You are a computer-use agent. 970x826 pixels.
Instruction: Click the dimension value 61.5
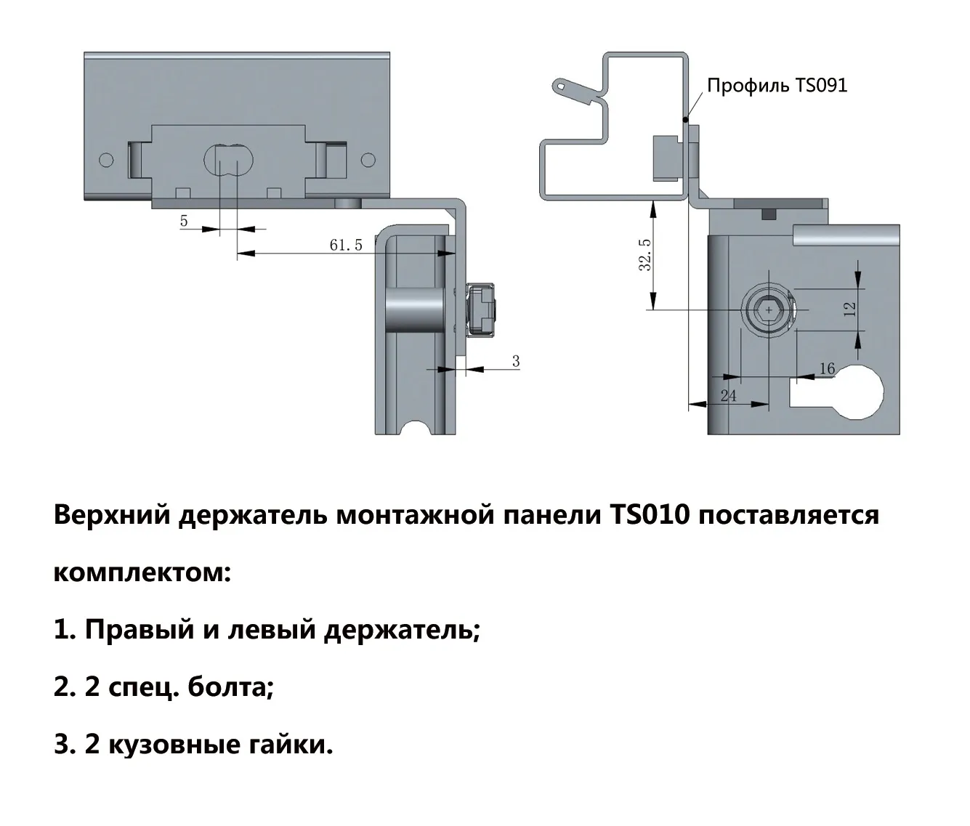[347, 245]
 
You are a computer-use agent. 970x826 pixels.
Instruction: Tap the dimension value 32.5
[645, 255]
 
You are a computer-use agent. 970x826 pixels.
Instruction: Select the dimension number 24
[728, 396]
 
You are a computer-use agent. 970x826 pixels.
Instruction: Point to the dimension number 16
[828, 368]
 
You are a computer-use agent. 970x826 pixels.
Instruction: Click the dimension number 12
[850, 309]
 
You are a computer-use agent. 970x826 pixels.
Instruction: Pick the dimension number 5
[184, 221]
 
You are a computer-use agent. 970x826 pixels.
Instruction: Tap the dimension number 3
[516, 361]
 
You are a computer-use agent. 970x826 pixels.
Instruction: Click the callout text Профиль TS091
[777, 86]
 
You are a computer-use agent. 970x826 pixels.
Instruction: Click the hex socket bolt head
[769, 310]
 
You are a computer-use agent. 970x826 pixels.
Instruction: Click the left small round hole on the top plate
[107, 160]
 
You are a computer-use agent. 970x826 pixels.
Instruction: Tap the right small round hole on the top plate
[368, 160]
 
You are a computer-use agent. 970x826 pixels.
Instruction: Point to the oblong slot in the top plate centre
[229, 161]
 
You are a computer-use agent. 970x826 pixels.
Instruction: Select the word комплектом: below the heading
[142, 572]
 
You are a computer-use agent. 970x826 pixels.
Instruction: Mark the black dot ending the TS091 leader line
[686, 120]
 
